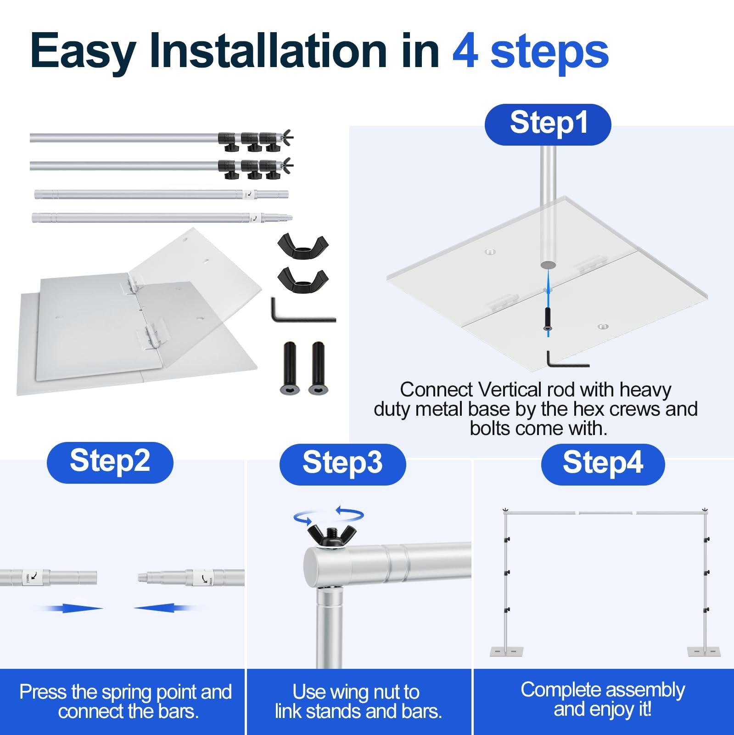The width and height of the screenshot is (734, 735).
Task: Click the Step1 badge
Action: coord(548,124)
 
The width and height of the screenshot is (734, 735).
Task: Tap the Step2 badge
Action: coord(110,462)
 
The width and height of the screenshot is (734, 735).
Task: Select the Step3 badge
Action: coord(342,464)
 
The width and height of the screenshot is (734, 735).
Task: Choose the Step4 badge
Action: coord(603,464)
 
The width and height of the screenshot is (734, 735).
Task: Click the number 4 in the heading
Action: coord(465,51)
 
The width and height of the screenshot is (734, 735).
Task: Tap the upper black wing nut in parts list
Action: coord(303,245)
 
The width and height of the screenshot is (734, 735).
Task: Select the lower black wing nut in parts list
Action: coord(303,278)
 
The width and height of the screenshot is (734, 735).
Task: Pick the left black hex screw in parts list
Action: coord(290,368)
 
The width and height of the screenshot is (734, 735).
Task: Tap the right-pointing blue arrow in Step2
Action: coord(73,608)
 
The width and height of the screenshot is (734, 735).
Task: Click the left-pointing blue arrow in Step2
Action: coord(165,608)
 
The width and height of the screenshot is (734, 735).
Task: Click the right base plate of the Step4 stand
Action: coord(704,651)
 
